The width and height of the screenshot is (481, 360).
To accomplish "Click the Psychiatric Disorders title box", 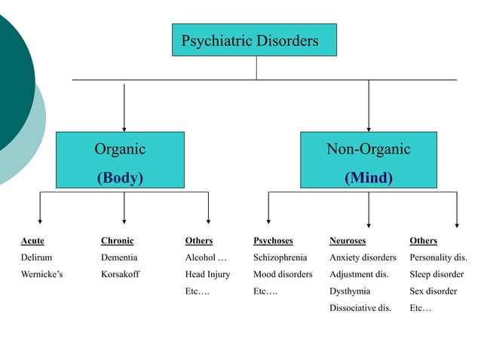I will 255,40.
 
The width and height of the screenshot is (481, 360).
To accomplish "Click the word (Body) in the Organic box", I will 119,178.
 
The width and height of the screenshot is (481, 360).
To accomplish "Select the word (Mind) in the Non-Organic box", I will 368,178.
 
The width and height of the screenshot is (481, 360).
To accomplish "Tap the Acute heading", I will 32,241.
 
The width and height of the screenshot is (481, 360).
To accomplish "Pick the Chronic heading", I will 117,241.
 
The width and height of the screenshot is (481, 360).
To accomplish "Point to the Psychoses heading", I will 273,241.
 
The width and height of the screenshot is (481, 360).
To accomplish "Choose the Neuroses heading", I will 348,241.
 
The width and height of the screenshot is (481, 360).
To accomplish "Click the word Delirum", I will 36,258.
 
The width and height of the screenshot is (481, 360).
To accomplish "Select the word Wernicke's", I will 41,274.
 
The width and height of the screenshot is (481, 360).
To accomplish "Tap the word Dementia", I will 119,258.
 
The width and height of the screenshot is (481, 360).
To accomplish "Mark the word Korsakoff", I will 121,274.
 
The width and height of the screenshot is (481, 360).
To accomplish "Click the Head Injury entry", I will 207,274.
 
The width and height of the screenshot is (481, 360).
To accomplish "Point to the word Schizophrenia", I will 280,258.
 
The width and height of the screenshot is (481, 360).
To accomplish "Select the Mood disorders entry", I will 283,274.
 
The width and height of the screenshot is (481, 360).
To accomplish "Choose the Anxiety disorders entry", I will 363,258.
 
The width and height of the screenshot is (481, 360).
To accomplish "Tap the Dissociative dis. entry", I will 360,307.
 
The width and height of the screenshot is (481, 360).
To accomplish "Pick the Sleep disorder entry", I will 437,274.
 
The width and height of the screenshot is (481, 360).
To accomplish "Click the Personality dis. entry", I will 438,258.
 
